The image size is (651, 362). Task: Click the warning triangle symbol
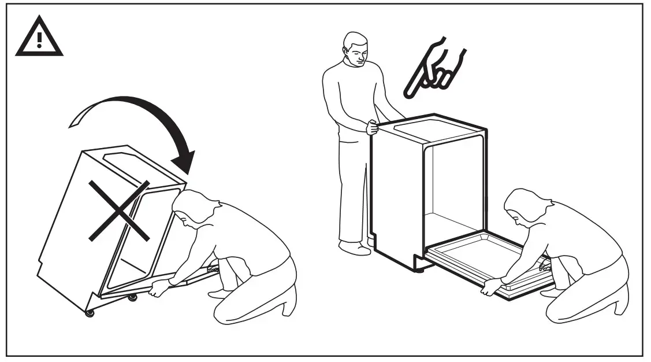tap(39, 38)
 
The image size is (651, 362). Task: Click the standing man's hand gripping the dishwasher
tap(370, 127)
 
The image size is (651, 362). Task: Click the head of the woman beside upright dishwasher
tap(523, 206)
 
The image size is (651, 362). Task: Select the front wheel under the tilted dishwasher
tap(90, 313)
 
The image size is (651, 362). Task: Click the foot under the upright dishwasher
tap(420, 269)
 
